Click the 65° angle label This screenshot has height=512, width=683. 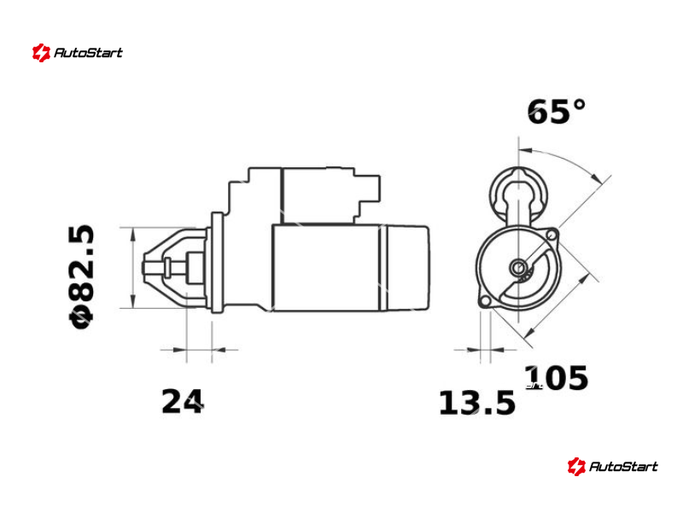[x=557, y=112]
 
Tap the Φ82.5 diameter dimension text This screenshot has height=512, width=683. [x=81, y=276]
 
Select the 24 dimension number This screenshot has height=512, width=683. [x=183, y=401]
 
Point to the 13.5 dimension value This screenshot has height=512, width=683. [x=477, y=403]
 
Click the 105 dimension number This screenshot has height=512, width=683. [x=556, y=377]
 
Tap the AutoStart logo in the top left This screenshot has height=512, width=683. [x=78, y=53]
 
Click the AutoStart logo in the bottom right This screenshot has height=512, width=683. [x=612, y=466]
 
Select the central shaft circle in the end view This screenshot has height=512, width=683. [x=518, y=267]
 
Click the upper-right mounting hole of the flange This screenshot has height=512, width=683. [x=552, y=236]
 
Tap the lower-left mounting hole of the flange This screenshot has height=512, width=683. [x=484, y=301]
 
